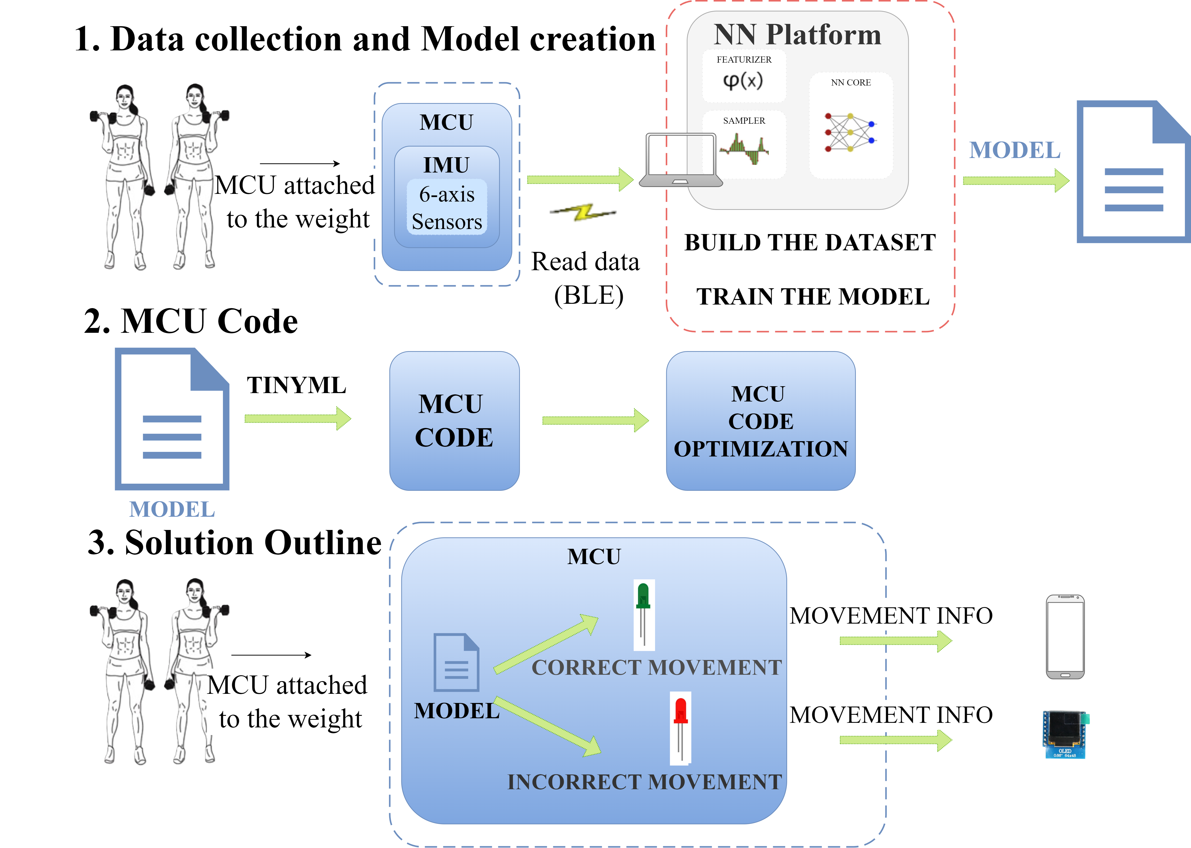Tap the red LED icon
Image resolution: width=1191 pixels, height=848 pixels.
click(680, 727)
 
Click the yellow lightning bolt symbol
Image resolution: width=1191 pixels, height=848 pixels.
click(583, 212)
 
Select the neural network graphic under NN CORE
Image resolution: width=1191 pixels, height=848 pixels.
click(850, 133)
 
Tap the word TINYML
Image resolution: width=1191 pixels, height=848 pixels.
click(296, 385)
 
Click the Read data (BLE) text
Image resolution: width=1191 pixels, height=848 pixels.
click(586, 278)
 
